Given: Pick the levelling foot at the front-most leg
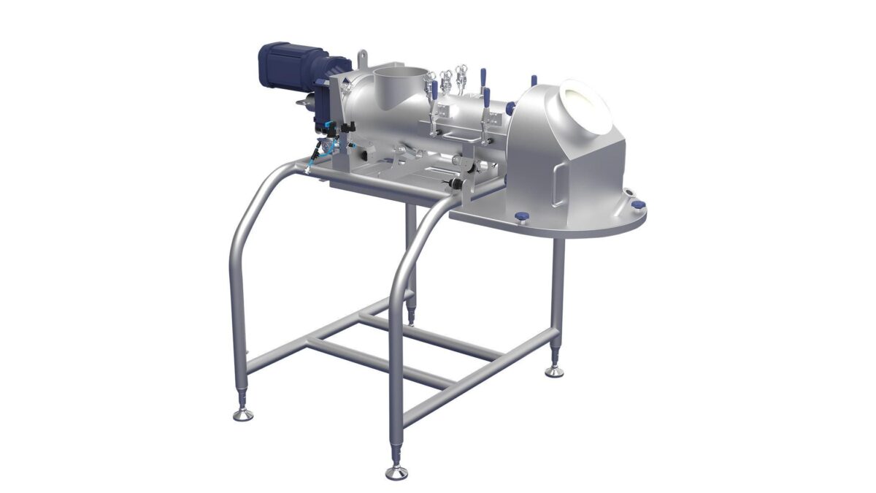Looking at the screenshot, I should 396,470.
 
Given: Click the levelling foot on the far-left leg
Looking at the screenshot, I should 242,413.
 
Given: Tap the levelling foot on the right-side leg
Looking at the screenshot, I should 555,370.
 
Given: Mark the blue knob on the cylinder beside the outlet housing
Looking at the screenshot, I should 511,108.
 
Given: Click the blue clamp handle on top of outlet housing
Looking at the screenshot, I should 534,80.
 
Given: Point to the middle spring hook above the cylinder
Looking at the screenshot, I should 447,76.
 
